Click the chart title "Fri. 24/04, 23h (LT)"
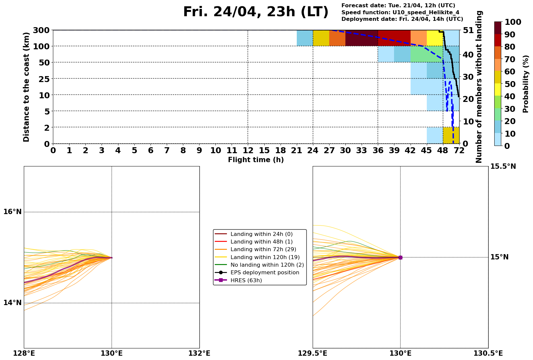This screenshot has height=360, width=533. [x=255, y=12]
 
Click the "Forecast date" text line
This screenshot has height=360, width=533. [x=398, y=6]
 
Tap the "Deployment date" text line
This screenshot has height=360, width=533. [x=402, y=19]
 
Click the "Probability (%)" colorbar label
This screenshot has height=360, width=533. [x=526, y=84]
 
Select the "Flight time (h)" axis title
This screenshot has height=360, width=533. [x=256, y=160]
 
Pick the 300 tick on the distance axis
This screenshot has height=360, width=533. [x=41, y=30]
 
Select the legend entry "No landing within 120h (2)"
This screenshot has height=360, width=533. [x=267, y=265]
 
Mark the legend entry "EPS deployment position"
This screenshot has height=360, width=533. [x=265, y=273]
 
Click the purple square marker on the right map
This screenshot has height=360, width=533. [x=400, y=257]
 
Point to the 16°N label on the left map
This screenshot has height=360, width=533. [x=13, y=212]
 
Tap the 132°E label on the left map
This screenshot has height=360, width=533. [x=199, y=353]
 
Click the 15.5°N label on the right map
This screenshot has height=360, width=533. [x=503, y=166]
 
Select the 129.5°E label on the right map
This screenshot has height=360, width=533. [x=313, y=353]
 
